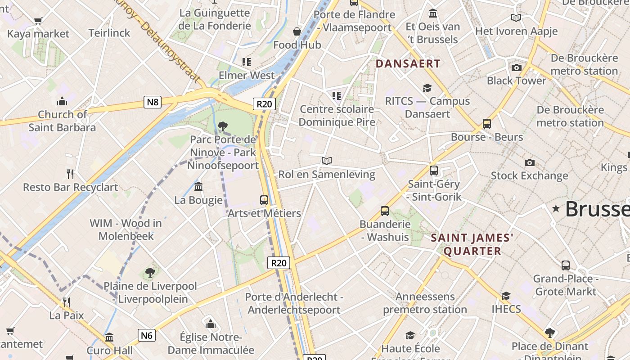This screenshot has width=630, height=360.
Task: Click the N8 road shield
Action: point(153,102)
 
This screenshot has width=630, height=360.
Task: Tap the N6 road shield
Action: point(147,335)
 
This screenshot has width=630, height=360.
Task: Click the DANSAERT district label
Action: point(408,63)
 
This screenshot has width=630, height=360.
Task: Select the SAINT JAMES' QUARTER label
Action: point(472,244)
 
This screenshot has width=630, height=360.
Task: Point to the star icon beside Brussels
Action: point(556,208)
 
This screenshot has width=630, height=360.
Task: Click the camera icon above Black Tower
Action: point(516,68)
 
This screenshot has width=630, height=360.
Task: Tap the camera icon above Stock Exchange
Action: point(530,162)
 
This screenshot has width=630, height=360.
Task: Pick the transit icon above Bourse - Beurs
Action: point(486,124)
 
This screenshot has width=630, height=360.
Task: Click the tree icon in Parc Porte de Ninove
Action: point(222,126)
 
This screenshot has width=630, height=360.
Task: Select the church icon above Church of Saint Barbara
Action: point(62,102)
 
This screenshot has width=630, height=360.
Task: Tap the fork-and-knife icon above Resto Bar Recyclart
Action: point(70,174)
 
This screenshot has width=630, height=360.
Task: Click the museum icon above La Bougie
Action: point(198,187)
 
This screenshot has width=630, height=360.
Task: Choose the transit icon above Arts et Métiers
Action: point(264,200)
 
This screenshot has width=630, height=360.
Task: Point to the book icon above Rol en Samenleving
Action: point(327,161)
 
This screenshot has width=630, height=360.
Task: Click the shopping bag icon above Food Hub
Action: point(297,31)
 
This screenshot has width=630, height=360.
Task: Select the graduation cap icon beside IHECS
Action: point(506,296)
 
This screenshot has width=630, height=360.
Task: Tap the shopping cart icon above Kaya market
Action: point(38,21)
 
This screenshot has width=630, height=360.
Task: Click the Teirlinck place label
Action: point(109,33)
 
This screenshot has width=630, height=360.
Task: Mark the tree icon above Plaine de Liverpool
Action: point(150,273)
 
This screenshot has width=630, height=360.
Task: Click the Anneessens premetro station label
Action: point(425,303)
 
